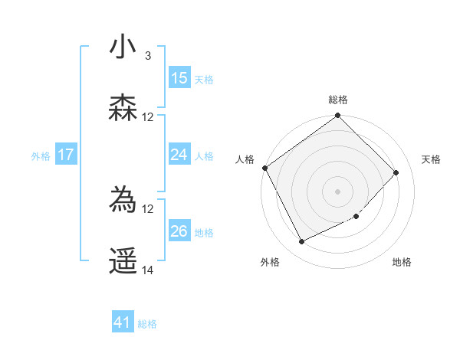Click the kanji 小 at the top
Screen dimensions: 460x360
point(123,47)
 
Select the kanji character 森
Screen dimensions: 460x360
point(123,108)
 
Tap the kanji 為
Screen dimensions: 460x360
point(123,201)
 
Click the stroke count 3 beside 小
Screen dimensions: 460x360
point(148,56)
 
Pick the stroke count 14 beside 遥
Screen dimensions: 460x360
point(148,270)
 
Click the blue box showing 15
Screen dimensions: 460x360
point(179,78)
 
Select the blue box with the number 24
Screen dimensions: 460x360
point(179,155)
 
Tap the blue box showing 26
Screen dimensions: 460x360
point(179,231)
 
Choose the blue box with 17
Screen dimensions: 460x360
point(66,155)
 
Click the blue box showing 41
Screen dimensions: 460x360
point(123,322)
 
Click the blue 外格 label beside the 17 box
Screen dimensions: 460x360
point(41,156)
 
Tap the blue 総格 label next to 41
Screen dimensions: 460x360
point(147,324)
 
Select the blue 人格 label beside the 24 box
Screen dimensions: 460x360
point(204,156)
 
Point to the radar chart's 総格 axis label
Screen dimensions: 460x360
point(338,100)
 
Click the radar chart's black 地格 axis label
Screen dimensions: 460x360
point(402,262)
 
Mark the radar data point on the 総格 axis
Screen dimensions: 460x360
point(337,116)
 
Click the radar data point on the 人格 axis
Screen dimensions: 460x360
point(264,168)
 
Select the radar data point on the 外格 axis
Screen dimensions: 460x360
point(301,242)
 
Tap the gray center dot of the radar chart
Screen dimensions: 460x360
point(337,191)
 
